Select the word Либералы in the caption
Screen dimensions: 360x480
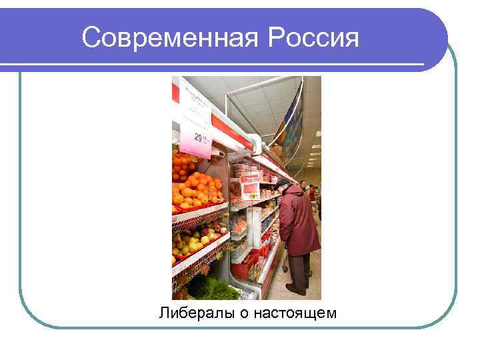(192, 312)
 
